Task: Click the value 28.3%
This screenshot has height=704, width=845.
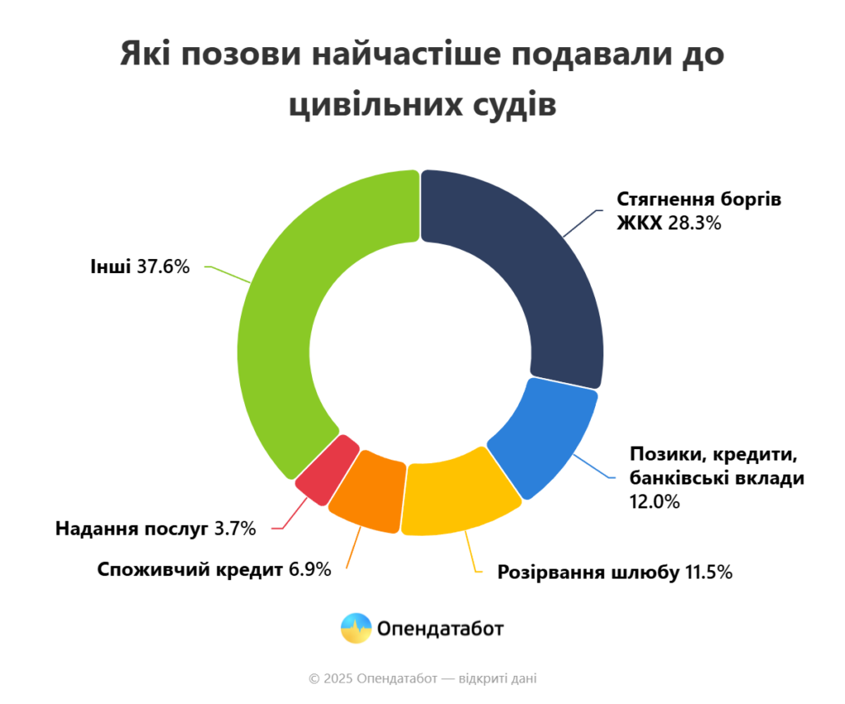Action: [x=695, y=222]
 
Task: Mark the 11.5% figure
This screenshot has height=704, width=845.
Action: [x=709, y=572]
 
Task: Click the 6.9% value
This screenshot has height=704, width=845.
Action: [x=309, y=569]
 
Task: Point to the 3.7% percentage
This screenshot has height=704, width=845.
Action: [x=235, y=528]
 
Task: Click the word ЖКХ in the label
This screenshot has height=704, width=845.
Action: [x=640, y=222]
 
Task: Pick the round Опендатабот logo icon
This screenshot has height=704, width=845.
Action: [x=356, y=629]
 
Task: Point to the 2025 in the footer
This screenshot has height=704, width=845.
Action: [x=338, y=678]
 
